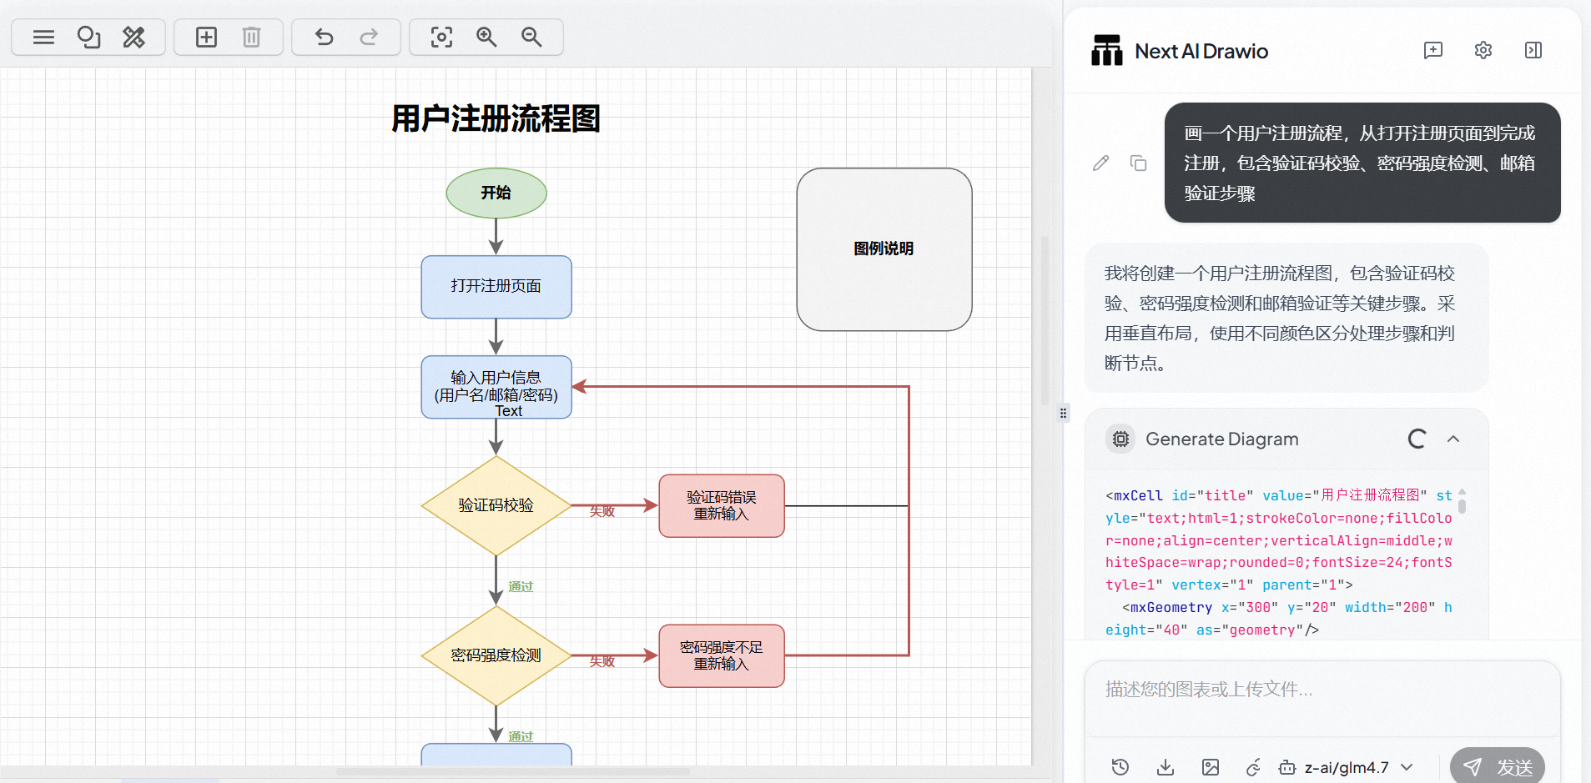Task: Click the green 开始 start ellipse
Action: tap(496, 193)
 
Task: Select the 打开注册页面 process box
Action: tap(496, 286)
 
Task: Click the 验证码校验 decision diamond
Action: tap(496, 505)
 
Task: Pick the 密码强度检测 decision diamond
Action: tap(496, 655)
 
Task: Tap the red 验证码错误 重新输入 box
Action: tap(722, 505)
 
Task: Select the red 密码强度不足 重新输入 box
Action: tap(722, 655)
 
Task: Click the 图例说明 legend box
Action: tap(884, 248)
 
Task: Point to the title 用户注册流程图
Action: tap(496, 118)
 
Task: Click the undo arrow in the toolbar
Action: tap(324, 37)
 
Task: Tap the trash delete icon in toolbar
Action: tap(251, 37)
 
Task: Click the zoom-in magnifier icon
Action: tap(486, 37)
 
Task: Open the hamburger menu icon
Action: tap(43, 37)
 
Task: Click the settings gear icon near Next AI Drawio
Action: tap(1483, 50)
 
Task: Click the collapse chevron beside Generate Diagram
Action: tap(1453, 439)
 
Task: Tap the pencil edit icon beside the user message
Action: tap(1100, 163)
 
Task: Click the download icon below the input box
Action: tap(1166, 767)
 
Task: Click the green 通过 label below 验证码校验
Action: tap(521, 587)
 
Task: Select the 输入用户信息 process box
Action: tap(496, 387)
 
